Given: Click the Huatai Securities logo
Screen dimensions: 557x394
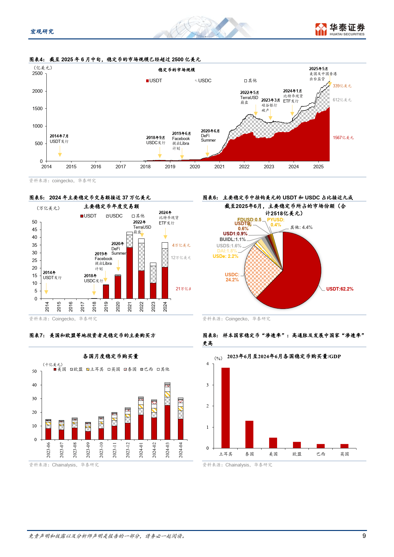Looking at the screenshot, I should pos(340,29).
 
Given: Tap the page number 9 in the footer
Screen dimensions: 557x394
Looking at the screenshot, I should pos(364,536).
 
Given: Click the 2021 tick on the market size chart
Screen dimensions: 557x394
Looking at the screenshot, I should pos(219,166).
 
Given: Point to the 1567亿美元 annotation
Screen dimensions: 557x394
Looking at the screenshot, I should pos(343,138).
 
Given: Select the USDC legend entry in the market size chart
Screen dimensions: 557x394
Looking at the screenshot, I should pos(203,81).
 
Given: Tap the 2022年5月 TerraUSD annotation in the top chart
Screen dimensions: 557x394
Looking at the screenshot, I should pos(249,97).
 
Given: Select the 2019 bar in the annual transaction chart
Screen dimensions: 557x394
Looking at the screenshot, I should pos(106,292).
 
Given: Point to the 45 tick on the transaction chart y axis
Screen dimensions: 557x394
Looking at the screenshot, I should pos(35,230).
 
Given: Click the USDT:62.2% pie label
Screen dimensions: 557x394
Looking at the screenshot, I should pos(339,289).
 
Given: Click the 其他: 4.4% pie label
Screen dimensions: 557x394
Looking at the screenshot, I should pos(301,227).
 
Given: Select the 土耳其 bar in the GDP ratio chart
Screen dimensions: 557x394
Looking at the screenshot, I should pos(226,408).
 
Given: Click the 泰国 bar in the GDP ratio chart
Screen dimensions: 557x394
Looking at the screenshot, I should pos(249,434).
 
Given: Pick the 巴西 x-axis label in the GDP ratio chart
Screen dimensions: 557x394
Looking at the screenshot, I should pos(321,454).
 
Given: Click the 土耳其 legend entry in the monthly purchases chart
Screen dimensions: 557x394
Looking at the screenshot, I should pos(95,369).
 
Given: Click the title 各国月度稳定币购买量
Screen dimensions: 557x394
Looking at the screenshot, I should pos(111,356).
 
